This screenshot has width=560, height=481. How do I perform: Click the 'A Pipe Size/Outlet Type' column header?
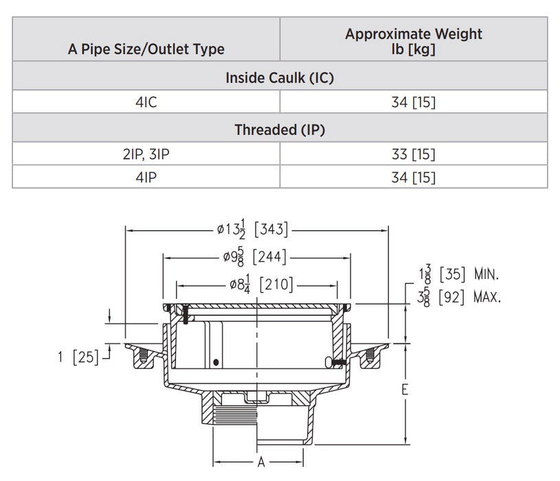(x=146, y=49)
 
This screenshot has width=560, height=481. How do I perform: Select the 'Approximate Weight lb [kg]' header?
(x=414, y=41)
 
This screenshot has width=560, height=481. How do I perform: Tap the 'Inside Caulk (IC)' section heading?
(x=280, y=78)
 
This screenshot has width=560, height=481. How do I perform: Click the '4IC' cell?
(x=146, y=103)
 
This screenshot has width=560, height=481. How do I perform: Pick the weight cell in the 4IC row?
(x=414, y=103)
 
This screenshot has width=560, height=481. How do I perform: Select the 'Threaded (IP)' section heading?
(x=280, y=129)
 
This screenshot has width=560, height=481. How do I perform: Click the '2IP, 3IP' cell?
(x=146, y=155)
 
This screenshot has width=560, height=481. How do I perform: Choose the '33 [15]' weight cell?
(x=414, y=155)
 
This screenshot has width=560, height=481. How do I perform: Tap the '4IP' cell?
(x=146, y=177)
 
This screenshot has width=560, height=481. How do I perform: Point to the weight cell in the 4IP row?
(x=414, y=177)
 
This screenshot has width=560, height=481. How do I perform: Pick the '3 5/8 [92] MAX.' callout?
(x=459, y=297)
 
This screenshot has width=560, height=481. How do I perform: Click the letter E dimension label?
(x=405, y=390)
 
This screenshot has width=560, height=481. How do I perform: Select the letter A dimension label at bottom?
(x=261, y=462)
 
